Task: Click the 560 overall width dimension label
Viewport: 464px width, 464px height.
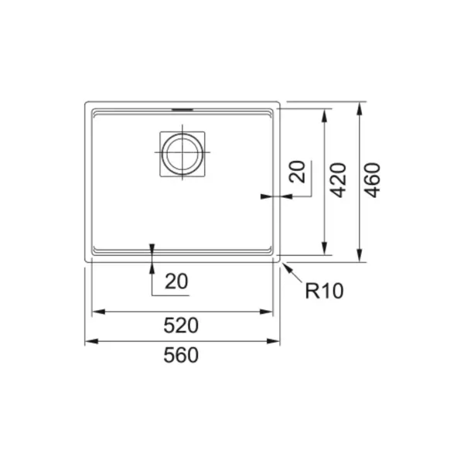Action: (181, 356)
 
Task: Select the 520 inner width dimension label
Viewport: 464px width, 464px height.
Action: (181, 326)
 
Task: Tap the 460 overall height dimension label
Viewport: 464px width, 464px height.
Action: (372, 180)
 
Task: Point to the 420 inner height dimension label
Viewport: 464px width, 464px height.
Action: (338, 180)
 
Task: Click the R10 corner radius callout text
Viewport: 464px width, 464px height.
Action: (324, 291)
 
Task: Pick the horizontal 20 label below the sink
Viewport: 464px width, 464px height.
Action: (176, 281)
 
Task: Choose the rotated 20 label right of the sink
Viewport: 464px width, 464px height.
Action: (297, 172)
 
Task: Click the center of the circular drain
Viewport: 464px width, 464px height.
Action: (183, 153)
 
